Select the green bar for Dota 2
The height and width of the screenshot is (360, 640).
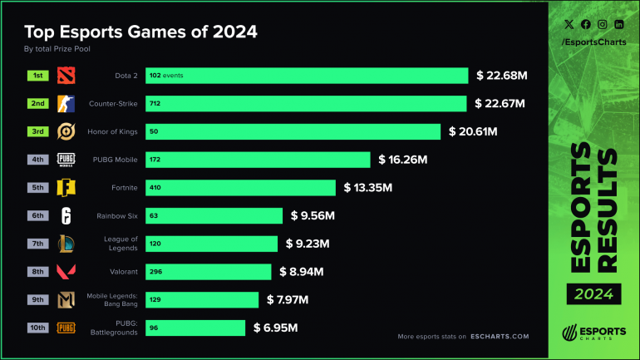click(x=307, y=76)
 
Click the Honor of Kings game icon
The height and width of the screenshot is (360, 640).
click(x=66, y=131)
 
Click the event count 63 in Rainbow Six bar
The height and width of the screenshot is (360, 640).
click(x=155, y=216)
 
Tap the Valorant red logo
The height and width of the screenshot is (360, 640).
click(x=66, y=272)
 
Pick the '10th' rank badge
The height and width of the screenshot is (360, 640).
click(x=37, y=328)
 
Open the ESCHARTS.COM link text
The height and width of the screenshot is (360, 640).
click(x=497, y=337)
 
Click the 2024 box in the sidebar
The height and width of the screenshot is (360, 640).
click(x=592, y=293)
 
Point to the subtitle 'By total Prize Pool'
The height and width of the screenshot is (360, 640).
click(x=57, y=49)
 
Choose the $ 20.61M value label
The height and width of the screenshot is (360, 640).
click(x=472, y=131)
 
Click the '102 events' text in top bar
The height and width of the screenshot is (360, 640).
click(x=166, y=76)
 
